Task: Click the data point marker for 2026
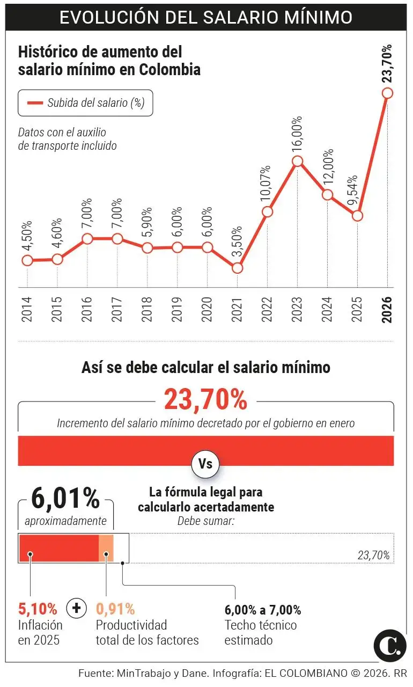(x=387, y=93)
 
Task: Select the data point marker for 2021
(x=238, y=267)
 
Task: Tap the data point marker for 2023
(x=298, y=161)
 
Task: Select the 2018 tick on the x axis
(x=147, y=310)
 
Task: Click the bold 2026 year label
(x=387, y=310)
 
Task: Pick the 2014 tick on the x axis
(x=27, y=310)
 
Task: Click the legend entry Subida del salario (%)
(x=85, y=103)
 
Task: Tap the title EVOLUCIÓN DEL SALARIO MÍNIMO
(x=206, y=17)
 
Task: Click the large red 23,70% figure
(x=206, y=400)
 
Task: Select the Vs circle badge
(x=206, y=464)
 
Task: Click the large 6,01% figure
(x=65, y=499)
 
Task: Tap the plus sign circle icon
(x=76, y=608)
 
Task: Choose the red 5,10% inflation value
(x=38, y=609)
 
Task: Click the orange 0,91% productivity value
(x=115, y=609)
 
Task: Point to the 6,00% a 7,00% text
(x=262, y=610)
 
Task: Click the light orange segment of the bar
(x=106, y=548)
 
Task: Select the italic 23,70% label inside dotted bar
(x=373, y=556)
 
